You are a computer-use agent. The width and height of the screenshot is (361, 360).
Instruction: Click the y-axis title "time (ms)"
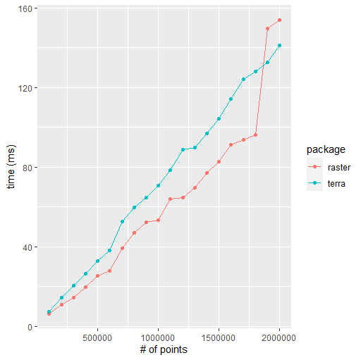(x=10, y=168)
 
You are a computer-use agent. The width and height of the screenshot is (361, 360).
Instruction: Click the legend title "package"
(x=325, y=150)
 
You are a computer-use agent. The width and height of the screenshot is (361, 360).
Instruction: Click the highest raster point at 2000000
(x=279, y=20)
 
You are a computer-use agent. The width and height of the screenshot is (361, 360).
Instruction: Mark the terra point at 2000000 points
(x=279, y=46)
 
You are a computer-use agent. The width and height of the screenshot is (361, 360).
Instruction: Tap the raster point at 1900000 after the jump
(x=267, y=28)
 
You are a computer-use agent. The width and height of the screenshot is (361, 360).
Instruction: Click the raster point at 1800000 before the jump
(x=255, y=135)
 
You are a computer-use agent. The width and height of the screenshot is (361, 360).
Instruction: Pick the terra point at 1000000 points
(x=158, y=186)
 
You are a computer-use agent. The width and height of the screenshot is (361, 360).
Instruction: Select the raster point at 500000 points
(x=97, y=276)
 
